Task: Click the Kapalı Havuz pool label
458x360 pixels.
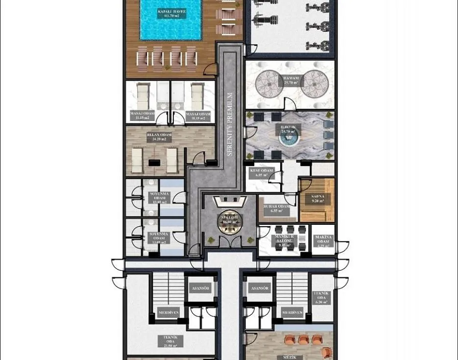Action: [171, 13]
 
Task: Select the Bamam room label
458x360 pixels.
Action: [290, 80]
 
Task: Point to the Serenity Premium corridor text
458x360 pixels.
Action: [230, 124]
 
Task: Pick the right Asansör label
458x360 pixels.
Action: [259, 288]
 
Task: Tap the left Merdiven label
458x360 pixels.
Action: [168, 312]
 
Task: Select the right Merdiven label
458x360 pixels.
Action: [292, 312]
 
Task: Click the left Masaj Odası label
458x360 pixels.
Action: [142, 116]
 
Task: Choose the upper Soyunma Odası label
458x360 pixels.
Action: [158, 197]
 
